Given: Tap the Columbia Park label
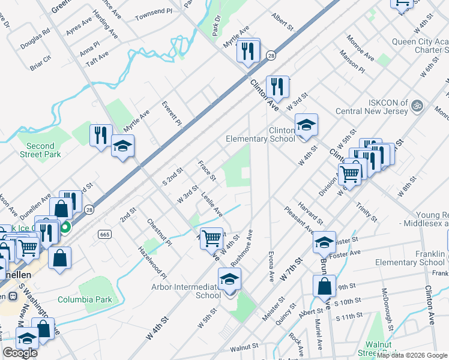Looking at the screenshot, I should (x=85, y=299).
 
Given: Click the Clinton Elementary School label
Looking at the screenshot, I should (x=261, y=134).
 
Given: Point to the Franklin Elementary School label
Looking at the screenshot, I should (x=410, y=258).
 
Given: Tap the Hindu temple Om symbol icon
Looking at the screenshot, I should (x=418, y=106).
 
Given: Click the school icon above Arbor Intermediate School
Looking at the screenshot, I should (x=229, y=280).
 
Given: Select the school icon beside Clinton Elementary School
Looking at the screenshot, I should (x=306, y=125).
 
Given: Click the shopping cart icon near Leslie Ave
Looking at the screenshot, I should (x=212, y=238).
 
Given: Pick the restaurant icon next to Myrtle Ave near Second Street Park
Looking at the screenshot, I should (x=101, y=135).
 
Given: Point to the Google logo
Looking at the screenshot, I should (x=20, y=353).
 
